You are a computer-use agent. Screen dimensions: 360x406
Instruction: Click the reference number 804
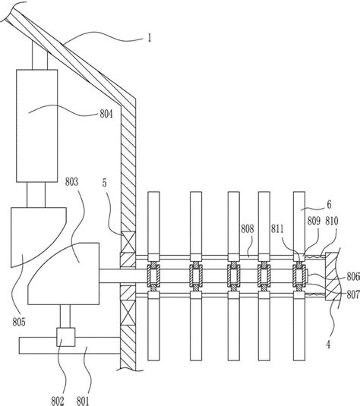click(106, 114)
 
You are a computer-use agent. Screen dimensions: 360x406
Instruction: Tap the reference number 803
click(71, 182)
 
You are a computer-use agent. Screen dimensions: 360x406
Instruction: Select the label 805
click(19, 322)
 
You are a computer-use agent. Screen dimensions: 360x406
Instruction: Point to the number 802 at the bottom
click(57, 401)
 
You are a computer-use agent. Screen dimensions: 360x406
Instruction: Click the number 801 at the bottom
click(83, 401)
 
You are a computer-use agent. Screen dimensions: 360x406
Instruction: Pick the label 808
click(248, 229)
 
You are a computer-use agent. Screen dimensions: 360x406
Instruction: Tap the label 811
click(277, 229)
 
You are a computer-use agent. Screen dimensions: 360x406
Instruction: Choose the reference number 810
click(332, 221)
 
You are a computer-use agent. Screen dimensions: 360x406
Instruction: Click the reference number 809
click(314, 221)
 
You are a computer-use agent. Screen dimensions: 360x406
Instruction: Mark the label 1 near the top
click(150, 38)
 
